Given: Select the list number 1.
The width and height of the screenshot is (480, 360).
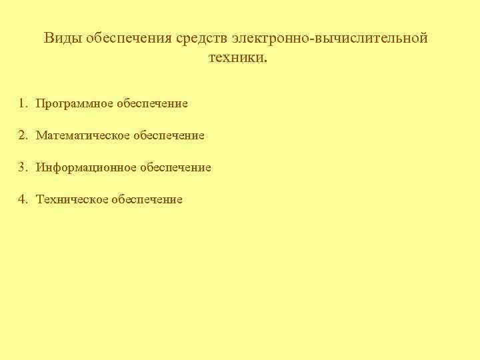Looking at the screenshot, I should point(23,103).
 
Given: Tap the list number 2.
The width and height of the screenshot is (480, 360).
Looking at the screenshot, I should point(23,135).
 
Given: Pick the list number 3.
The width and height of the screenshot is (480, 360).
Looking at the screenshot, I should point(23,167).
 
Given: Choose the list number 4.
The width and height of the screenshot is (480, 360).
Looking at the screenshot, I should point(23,199).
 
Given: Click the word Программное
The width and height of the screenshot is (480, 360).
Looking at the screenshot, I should point(75,104).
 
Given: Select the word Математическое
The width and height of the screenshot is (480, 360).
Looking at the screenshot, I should point(83,136).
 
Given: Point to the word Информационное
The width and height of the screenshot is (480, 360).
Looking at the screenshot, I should point(87,168).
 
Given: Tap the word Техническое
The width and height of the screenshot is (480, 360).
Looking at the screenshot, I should point(72,200).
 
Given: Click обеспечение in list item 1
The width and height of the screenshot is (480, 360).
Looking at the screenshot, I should point(152,104).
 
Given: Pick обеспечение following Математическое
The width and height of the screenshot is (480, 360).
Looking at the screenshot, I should point(169,136).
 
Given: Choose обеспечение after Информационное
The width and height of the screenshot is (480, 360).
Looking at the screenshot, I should point(175,168).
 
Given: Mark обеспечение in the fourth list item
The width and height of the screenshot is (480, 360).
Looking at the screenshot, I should point(147,200).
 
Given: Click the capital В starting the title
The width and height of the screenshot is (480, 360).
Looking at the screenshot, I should point(49,38).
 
